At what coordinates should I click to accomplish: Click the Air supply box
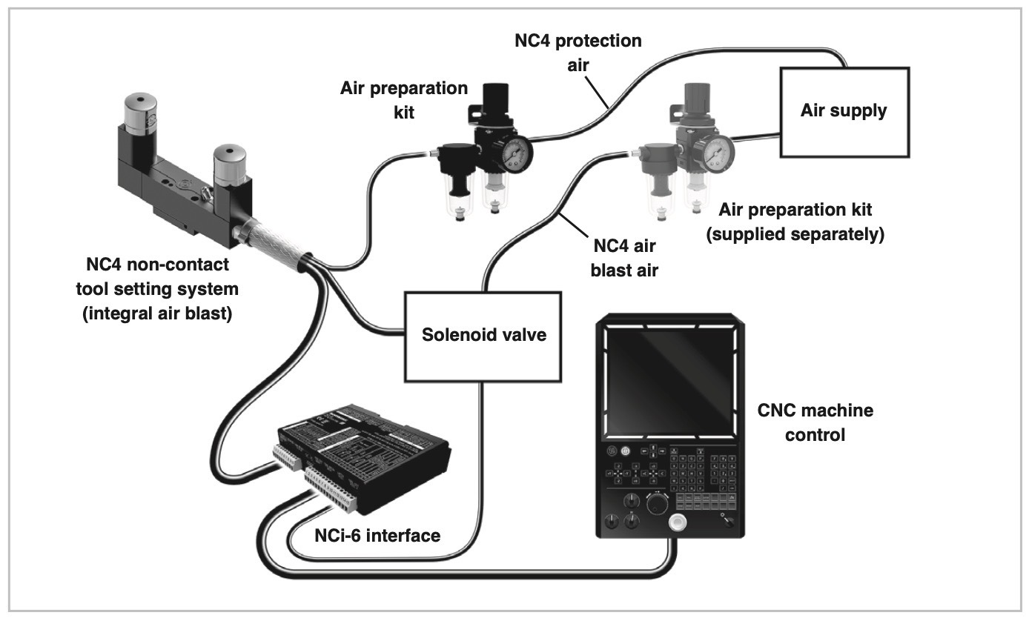coord(844,111)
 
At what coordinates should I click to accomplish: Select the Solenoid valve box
coord(483,335)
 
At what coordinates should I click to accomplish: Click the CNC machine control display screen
coord(669,382)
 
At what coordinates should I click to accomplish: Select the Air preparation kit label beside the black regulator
coord(404,99)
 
